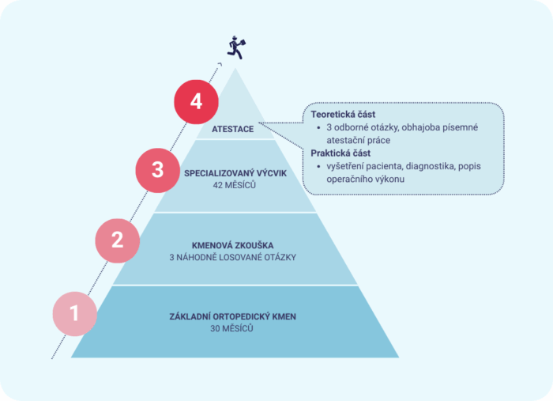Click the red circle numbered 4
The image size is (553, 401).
(196, 102)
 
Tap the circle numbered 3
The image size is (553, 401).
(158, 170)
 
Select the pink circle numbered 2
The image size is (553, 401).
(118, 240)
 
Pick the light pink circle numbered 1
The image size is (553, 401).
(75, 313)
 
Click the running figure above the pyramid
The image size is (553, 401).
(236, 47)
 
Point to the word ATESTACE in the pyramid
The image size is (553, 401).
(232, 129)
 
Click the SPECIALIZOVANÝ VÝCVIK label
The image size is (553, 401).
(235, 173)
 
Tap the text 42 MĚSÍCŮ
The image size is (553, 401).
(234, 185)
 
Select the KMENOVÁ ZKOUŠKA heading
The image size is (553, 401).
(232, 245)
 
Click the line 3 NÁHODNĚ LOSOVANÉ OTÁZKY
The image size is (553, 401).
(232, 257)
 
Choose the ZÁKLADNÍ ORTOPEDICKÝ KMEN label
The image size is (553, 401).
(232, 316)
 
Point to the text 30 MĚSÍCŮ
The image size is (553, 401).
(231, 328)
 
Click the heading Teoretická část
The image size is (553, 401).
(343, 115)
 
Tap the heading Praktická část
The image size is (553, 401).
(340, 153)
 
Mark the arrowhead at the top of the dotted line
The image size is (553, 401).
(220, 64)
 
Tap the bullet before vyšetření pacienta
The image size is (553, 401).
(319, 166)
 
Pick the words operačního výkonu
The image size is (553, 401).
(365, 180)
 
